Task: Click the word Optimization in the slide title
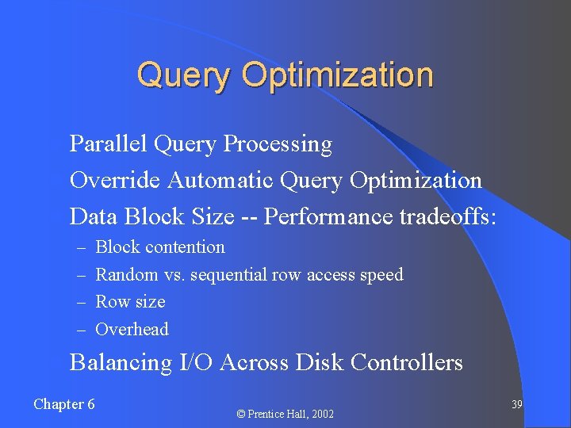338,75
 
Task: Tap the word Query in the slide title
186,75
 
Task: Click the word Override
116,181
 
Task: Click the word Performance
321,216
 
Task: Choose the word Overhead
132,330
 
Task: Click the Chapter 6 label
64,404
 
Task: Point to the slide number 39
516,405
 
